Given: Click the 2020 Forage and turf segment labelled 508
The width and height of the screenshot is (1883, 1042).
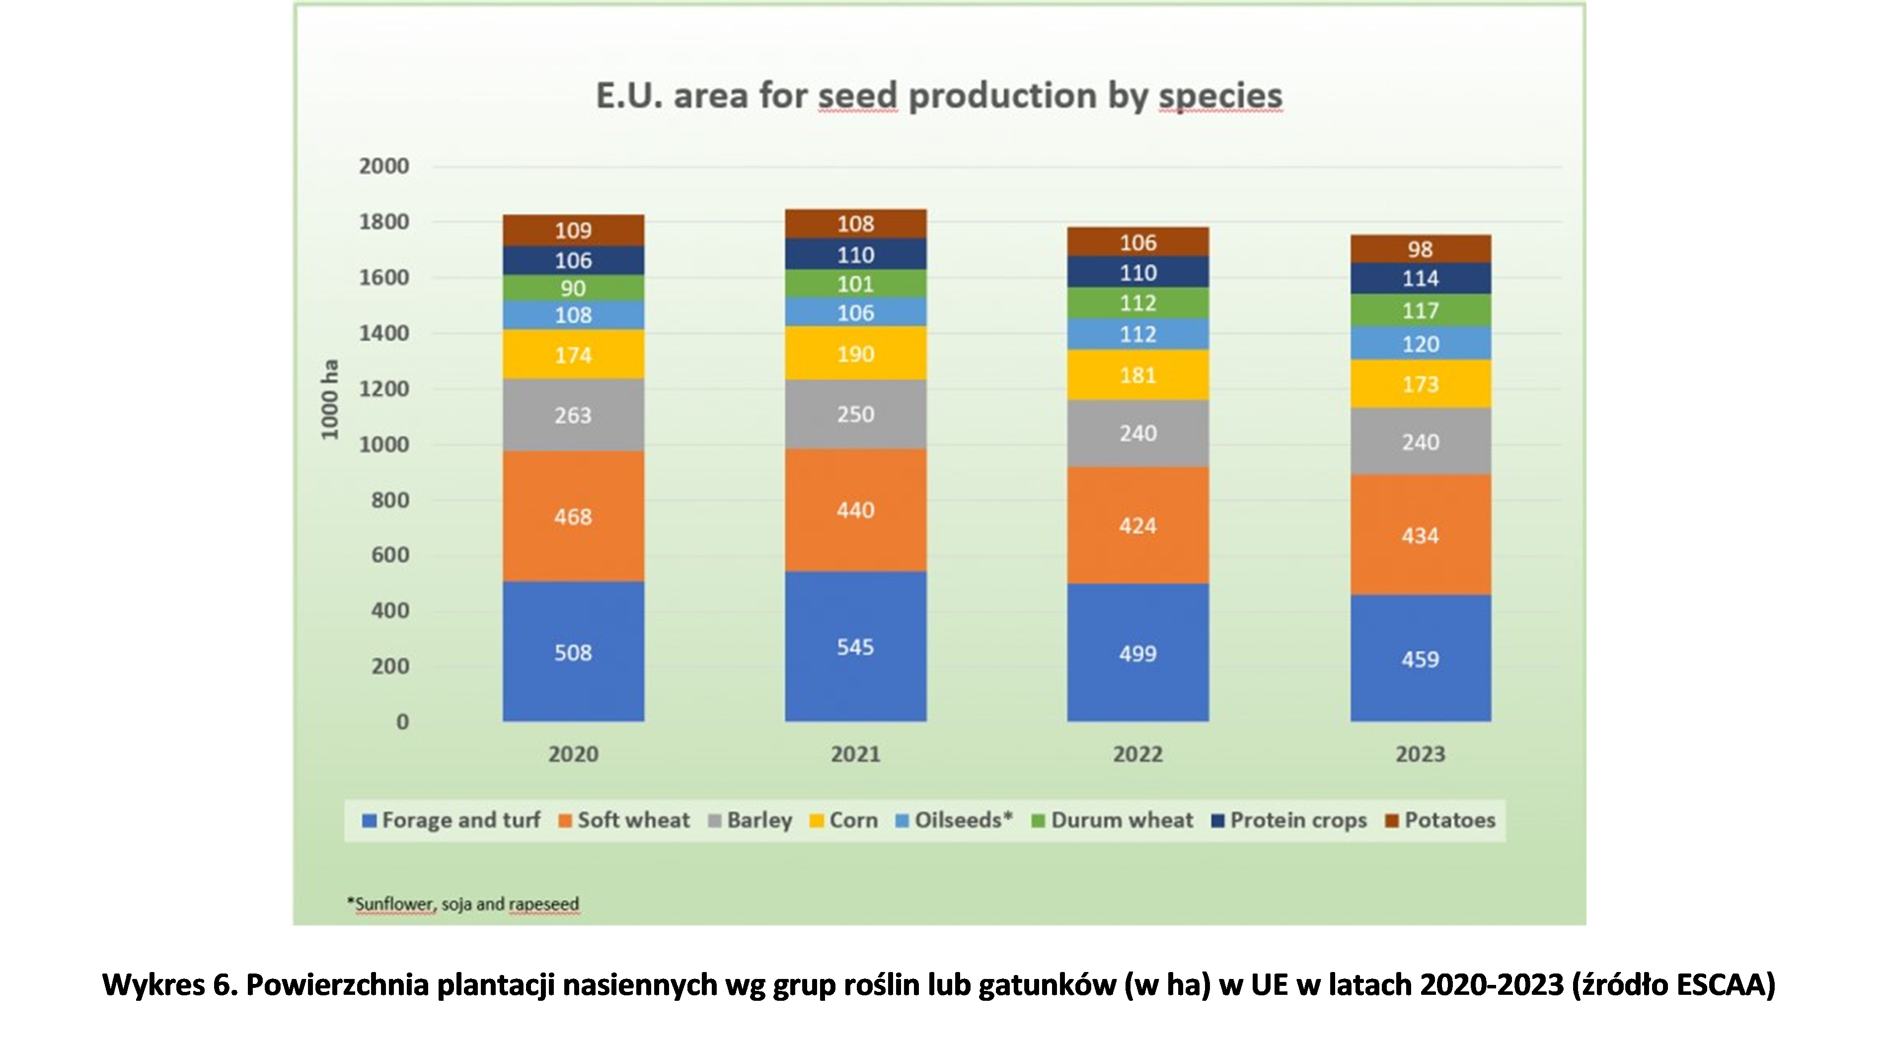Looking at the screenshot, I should pos(573,652).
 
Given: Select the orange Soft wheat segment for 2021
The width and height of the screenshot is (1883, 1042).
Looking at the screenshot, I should pos(855,509).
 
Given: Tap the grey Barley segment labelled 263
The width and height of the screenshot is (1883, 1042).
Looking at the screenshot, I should pos(573,415).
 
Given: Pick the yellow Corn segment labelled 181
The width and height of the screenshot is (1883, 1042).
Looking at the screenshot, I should pos(1137,375).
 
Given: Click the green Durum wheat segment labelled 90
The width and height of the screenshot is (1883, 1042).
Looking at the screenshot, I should pos(573,288).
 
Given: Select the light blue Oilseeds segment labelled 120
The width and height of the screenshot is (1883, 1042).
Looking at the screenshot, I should pos(1420,344).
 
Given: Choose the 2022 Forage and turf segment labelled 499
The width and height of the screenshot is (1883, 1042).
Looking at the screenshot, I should pos(1137,652).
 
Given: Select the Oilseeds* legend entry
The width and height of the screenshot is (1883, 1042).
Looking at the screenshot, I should pos(955,821).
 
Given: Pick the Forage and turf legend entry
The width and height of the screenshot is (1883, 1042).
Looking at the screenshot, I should pos(452,821).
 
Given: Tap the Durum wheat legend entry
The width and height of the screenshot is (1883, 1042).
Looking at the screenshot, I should pos(1113,821).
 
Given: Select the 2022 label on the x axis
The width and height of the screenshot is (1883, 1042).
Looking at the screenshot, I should pos(1137,754).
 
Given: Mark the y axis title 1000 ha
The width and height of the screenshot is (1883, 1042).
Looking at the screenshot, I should pos(330,400).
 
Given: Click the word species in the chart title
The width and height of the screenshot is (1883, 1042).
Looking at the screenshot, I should pos(1220,96).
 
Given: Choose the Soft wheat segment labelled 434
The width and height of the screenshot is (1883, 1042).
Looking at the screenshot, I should pos(1420,535).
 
